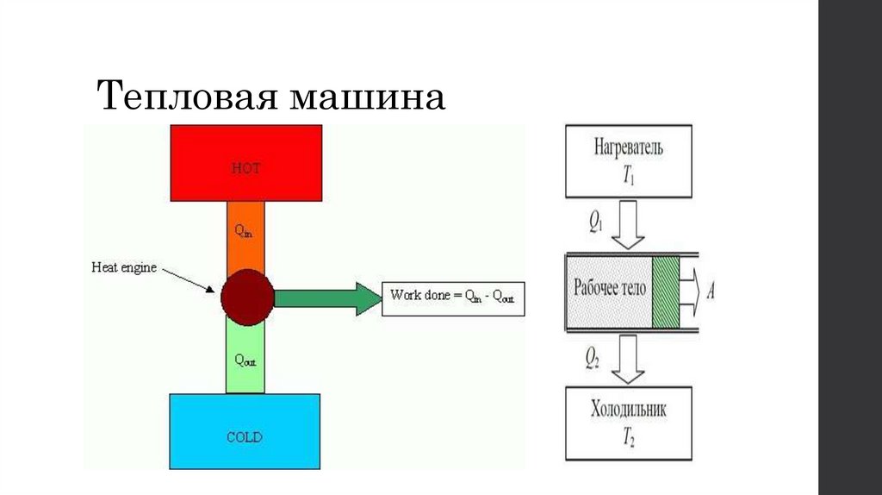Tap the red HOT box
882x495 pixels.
[246, 162]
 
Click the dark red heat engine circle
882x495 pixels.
[247, 296]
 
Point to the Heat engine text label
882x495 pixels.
[124, 267]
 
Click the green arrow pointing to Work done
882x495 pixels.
[327, 298]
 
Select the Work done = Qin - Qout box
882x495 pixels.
[453, 295]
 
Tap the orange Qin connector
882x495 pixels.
[245, 235]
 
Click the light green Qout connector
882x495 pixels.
[245, 355]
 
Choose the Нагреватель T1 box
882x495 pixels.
[628, 160]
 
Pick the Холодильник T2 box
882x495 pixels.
[628, 423]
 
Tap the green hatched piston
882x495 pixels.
[665, 291]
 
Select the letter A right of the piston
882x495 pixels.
[711, 291]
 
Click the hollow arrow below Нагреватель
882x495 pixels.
[628, 224]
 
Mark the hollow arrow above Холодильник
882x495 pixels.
[628, 359]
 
